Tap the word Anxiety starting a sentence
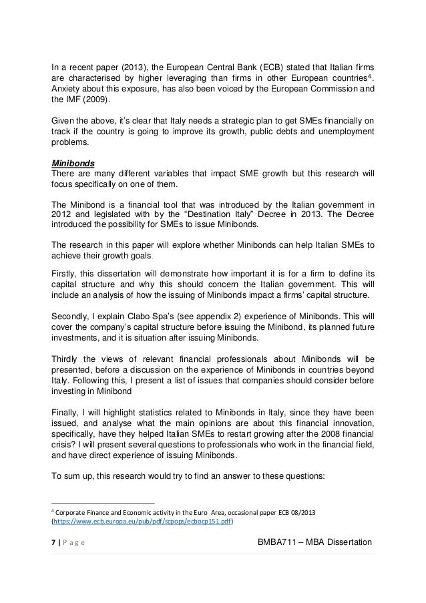point(69,89)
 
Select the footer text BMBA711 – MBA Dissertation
point(314,540)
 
